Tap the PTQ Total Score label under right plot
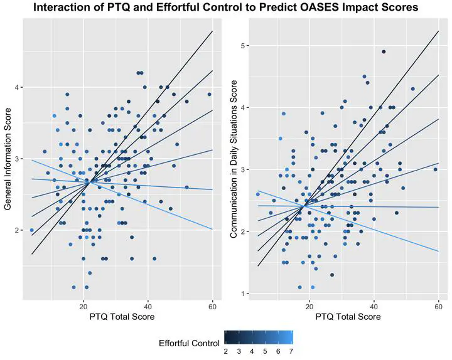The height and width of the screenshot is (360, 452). [347, 317]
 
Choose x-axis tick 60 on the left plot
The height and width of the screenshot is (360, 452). [212, 305]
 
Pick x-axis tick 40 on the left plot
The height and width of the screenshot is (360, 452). [148, 305]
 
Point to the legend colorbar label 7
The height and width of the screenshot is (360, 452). [291, 352]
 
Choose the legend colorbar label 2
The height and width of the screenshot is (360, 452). [225, 352]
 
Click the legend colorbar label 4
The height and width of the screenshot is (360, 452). [251, 352]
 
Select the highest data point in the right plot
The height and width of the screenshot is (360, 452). [384, 52]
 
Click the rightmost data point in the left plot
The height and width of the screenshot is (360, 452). [210, 95]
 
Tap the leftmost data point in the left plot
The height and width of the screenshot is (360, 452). [31, 230]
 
